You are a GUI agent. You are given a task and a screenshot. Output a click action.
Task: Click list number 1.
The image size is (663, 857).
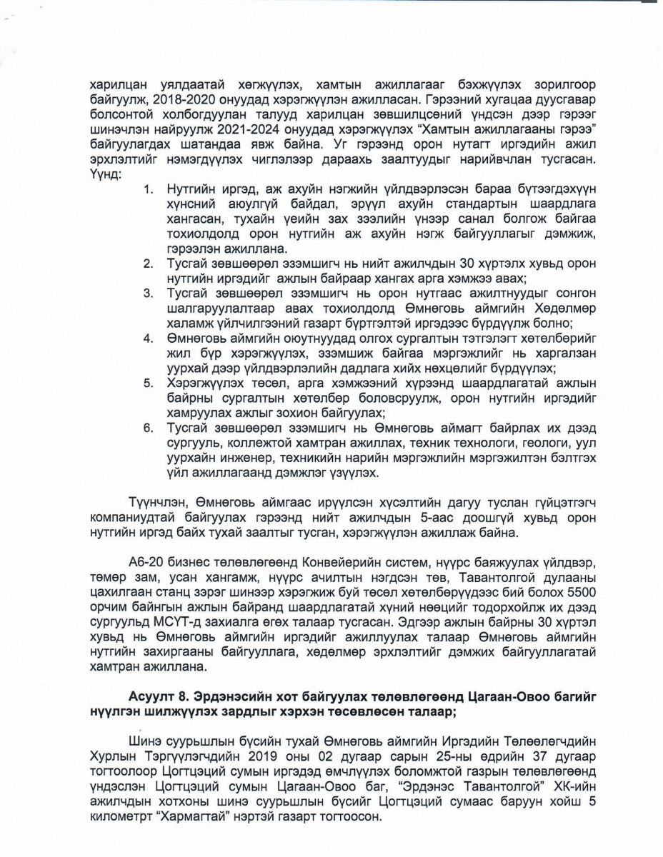pos(149,191)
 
